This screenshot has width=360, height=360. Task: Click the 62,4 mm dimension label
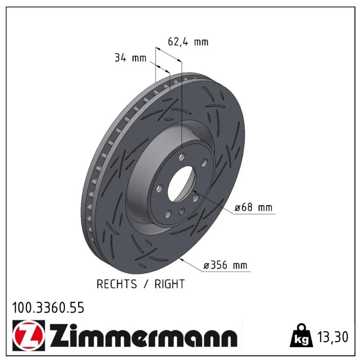point(188,42)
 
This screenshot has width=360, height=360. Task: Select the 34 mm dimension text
point(130,58)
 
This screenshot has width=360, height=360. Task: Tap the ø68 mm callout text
point(253,207)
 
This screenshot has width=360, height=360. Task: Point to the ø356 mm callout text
point(225,265)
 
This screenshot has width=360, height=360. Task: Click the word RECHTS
point(117,284)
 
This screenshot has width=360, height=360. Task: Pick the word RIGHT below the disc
point(170,284)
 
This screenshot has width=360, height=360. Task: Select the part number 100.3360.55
point(48,308)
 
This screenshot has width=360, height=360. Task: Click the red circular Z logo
point(27,336)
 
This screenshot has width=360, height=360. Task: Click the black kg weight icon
point(301,336)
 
